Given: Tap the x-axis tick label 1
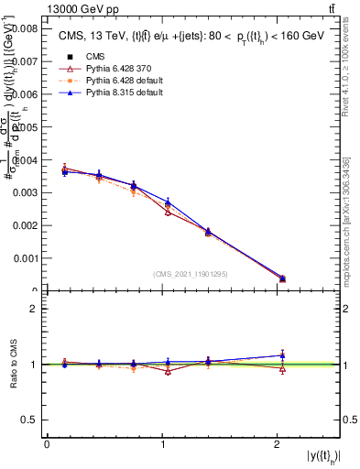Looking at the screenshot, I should [162, 444].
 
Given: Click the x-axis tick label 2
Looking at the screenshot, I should [278, 444].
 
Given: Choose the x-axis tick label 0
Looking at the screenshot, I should [47, 444].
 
